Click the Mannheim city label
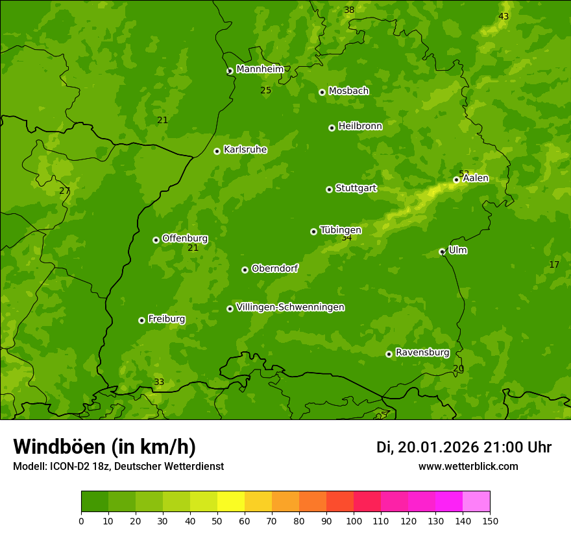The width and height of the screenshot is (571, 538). click(x=260, y=69)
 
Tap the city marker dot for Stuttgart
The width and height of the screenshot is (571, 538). click(x=329, y=189)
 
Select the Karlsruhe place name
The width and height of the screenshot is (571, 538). click(x=245, y=150)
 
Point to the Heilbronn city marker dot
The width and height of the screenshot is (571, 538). click(x=332, y=128)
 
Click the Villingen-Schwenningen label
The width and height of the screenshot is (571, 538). click(x=290, y=307)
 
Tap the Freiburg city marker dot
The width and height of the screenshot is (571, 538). click(x=141, y=320)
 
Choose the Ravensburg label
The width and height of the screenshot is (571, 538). click(x=422, y=353)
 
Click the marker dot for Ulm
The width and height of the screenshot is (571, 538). click(x=442, y=251)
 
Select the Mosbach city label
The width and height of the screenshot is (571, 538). click(x=348, y=91)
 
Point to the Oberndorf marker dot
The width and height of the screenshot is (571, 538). click(x=245, y=270)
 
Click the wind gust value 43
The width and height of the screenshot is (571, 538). click(x=504, y=16)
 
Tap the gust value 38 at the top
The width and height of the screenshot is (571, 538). click(x=349, y=10)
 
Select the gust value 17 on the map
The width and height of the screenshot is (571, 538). click(x=554, y=264)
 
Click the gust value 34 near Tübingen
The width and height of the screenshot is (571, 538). click(x=346, y=238)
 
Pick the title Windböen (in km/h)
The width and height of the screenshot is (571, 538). click(x=104, y=447)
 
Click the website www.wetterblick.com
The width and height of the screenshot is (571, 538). click(x=468, y=466)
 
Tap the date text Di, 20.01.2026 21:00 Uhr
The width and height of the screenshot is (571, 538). click(x=464, y=447)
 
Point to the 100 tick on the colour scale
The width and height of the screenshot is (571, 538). click(x=354, y=520)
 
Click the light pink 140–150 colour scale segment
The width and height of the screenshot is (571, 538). click(x=476, y=502)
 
